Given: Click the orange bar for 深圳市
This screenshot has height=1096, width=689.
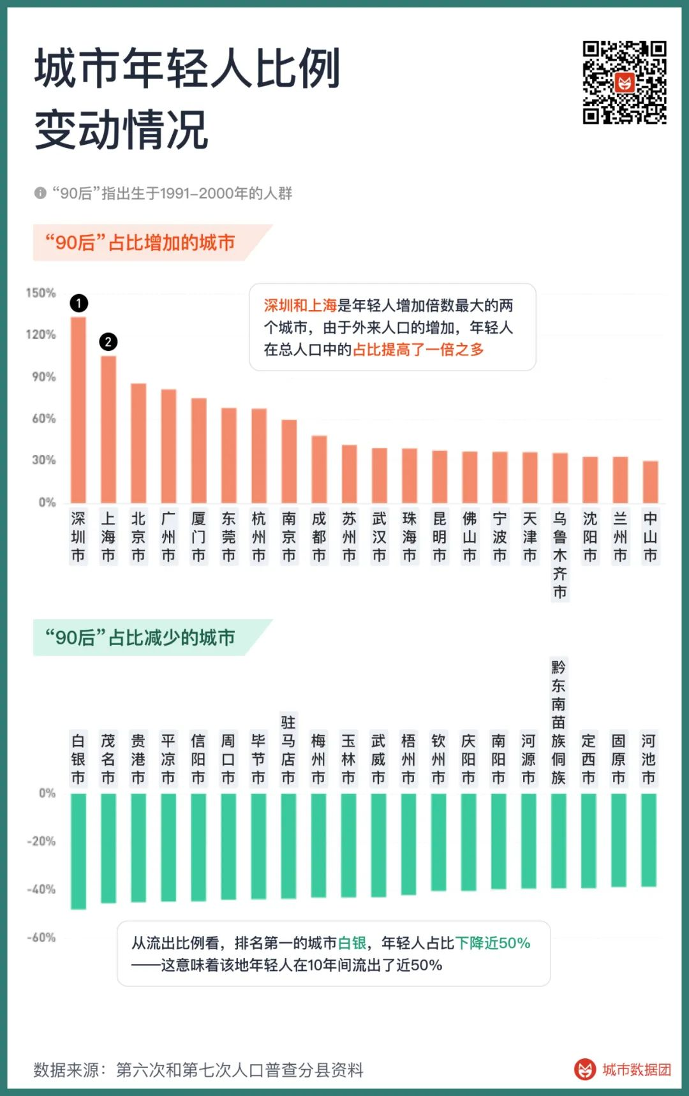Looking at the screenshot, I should (x=78, y=410).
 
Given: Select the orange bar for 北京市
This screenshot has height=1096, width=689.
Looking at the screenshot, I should (x=138, y=443).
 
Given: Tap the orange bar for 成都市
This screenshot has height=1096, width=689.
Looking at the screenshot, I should (x=319, y=469).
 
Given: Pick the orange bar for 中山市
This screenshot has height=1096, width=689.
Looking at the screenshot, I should (x=650, y=482).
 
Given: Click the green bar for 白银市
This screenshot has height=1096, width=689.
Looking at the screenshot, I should (x=78, y=851).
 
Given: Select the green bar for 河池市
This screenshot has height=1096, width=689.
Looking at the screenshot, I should (x=648, y=840).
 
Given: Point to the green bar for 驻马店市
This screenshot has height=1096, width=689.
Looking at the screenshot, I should (x=288, y=846).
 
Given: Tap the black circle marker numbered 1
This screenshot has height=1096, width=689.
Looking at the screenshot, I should (x=78, y=303).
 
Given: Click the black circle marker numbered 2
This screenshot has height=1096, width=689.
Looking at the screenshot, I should (x=108, y=342).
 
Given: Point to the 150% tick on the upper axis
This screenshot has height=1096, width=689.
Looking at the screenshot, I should (x=41, y=293).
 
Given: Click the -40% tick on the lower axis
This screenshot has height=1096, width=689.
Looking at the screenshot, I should (x=41, y=889).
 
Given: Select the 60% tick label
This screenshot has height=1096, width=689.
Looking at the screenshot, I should (x=44, y=418).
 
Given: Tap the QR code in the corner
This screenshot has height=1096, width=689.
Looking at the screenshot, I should (x=625, y=82).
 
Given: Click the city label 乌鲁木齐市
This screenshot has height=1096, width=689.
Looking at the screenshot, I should (x=559, y=554).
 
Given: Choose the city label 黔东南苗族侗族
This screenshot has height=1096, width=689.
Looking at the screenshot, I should (x=558, y=722).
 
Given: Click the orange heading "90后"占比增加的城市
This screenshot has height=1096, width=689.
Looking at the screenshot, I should (x=140, y=243).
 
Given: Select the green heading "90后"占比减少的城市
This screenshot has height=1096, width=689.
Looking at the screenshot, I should (x=140, y=637).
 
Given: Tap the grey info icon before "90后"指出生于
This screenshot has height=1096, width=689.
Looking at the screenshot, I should (x=40, y=193).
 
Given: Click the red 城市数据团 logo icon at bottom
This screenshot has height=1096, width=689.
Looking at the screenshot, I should (x=584, y=1069).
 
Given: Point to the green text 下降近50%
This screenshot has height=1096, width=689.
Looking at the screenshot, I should (x=493, y=943).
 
